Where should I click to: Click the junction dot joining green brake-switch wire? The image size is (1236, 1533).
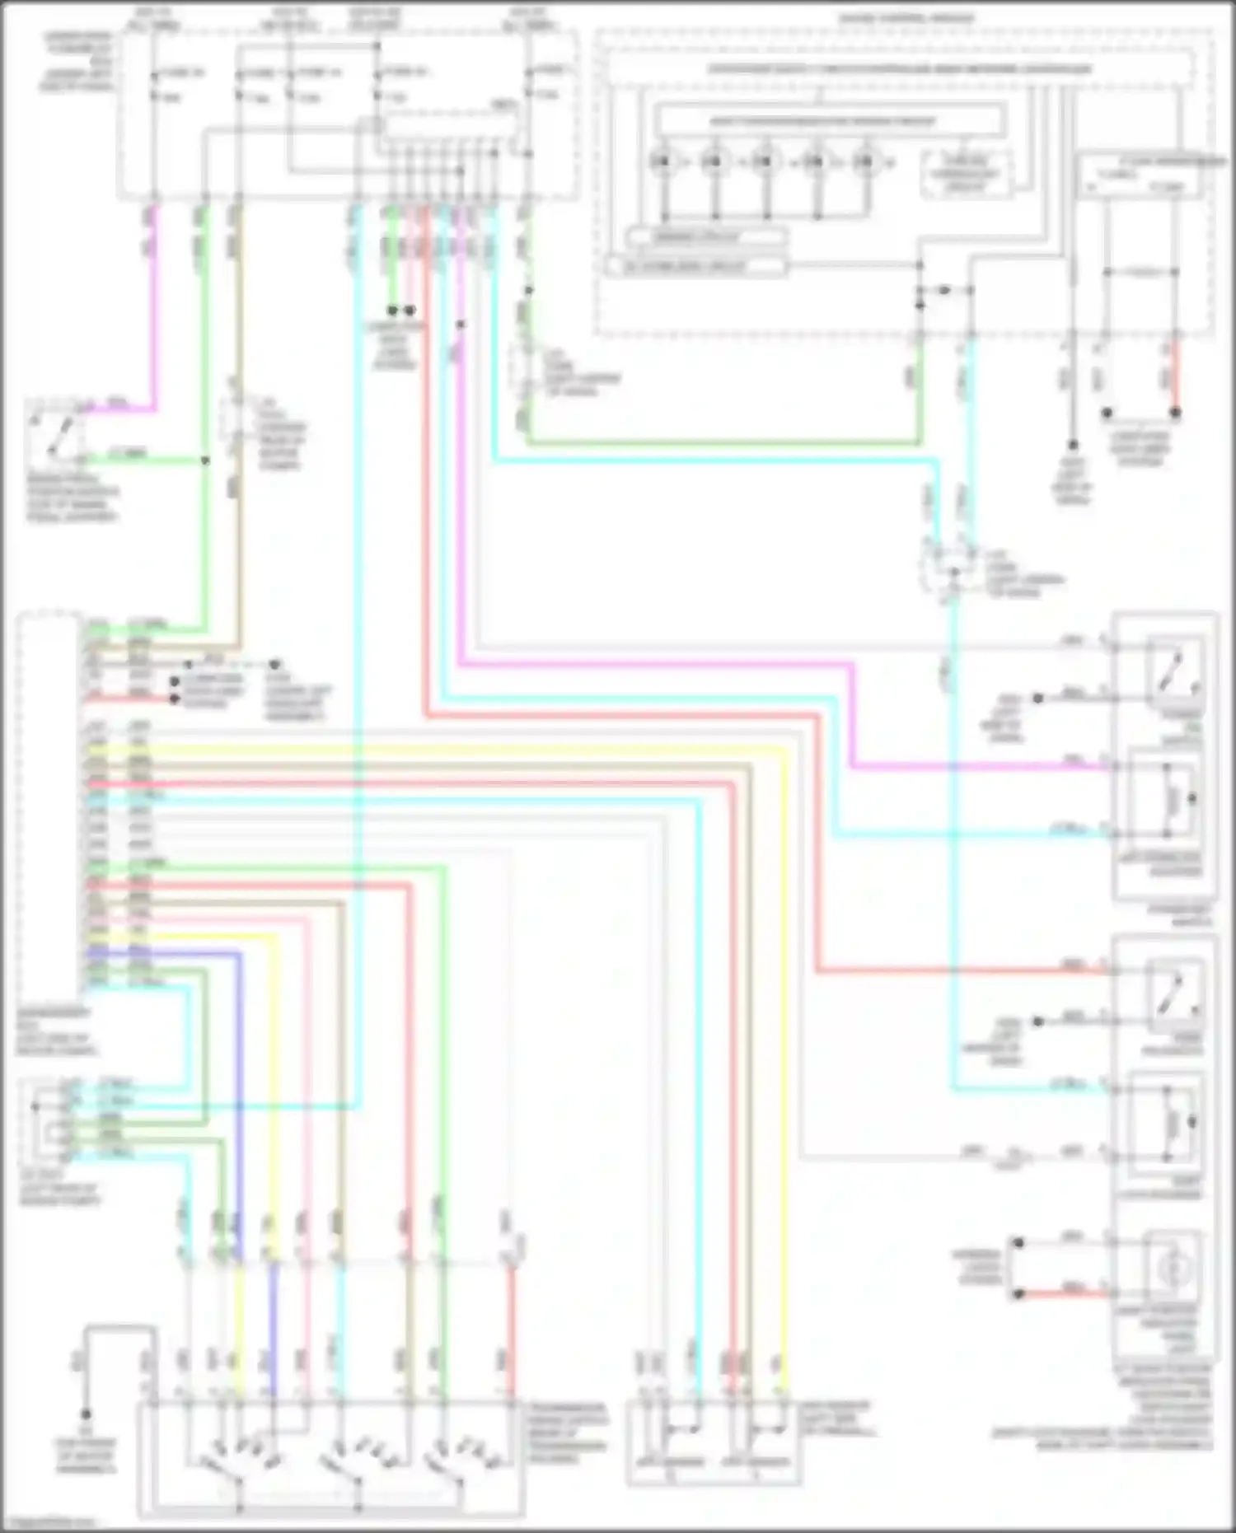pos(205,460)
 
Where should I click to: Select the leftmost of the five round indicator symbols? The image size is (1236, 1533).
pos(662,161)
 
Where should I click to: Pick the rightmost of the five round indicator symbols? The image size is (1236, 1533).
pos(865,161)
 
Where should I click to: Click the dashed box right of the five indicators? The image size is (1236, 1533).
pos(966,174)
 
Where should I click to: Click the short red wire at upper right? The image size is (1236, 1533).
pos(1176,379)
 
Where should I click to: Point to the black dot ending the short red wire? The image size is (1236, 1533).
pos(1176,413)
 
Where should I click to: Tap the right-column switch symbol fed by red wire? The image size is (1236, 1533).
pos(1172,994)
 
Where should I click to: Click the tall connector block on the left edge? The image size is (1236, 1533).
pos(49,807)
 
